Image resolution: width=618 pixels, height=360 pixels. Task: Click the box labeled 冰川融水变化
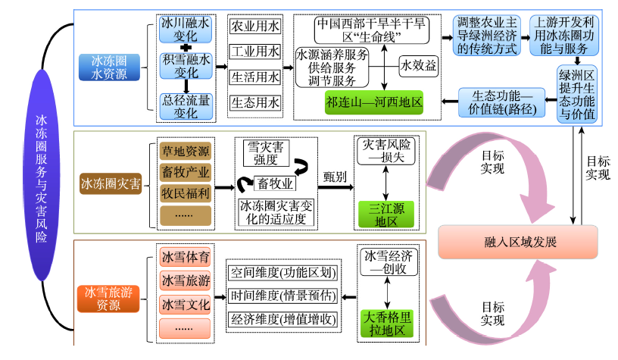(x=186, y=30)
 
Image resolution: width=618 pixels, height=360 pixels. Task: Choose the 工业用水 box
(x=254, y=52)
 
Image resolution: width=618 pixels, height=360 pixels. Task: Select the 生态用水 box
(x=254, y=102)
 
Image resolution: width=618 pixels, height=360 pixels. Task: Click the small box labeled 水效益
(x=419, y=66)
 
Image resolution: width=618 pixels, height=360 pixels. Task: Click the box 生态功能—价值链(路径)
(x=504, y=102)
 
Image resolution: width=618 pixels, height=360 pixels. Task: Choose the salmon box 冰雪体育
(x=186, y=256)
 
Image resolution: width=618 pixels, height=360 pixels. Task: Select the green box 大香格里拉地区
(x=387, y=322)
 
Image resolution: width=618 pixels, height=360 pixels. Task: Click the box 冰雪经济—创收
(x=387, y=261)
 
